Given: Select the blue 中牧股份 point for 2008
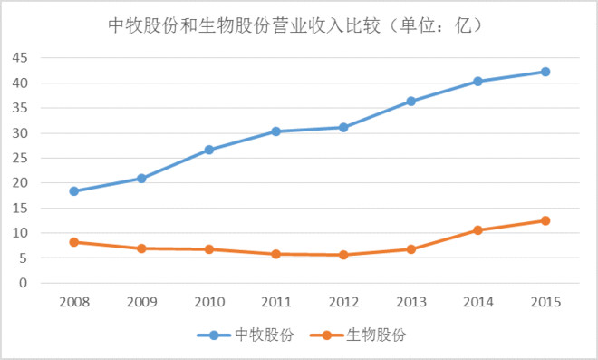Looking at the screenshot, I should [x=73, y=191].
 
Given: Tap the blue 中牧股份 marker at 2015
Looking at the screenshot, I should [x=545, y=72].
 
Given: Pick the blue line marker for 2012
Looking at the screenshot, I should [x=343, y=127].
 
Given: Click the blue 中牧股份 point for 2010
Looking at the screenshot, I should [x=208, y=150].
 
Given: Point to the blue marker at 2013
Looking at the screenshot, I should [x=410, y=101].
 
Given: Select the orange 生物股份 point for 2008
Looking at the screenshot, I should [x=73, y=242].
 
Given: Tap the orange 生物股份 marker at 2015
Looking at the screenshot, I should [x=545, y=220].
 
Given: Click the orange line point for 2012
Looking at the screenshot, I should [x=343, y=255].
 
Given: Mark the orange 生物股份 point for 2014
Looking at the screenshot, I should [x=478, y=230].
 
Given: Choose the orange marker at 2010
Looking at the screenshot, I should [x=208, y=249].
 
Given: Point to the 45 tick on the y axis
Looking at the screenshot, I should [x=21, y=57].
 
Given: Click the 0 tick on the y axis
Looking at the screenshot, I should [x=25, y=283].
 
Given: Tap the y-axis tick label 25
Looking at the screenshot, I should [x=21, y=158].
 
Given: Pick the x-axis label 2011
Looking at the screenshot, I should [x=275, y=300].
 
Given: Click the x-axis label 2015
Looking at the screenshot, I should [x=545, y=300].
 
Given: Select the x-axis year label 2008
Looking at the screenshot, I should [x=73, y=300].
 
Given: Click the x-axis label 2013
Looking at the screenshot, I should [x=410, y=300].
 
